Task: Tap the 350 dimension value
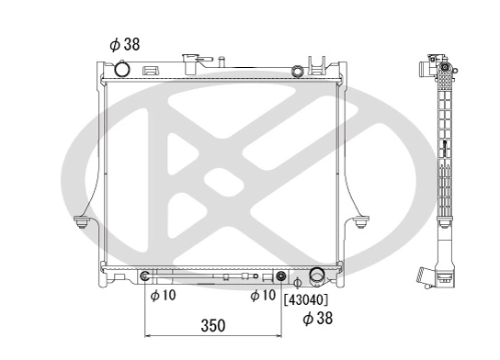[213, 326]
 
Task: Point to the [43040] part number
[306, 298]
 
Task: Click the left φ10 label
[162, 296]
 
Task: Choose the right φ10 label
[263, 296]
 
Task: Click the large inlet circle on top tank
[122, 70]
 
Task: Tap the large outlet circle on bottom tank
[317, 276]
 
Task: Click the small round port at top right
[297, 71]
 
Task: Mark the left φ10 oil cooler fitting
[145, 276]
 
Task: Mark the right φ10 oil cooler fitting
[281, 276]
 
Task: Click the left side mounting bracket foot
[84, 220]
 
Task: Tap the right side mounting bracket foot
[358, 220]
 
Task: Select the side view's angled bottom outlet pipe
[425, 276]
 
